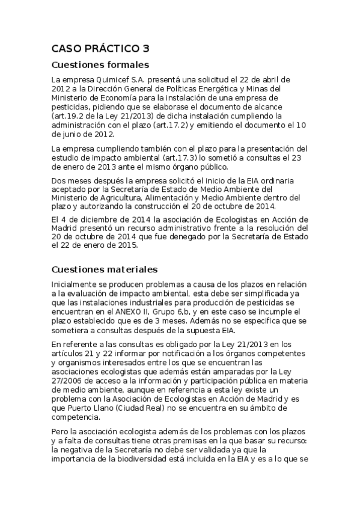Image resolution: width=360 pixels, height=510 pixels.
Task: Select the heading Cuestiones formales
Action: (100, 65)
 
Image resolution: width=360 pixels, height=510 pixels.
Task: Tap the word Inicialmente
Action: (77, 284)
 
